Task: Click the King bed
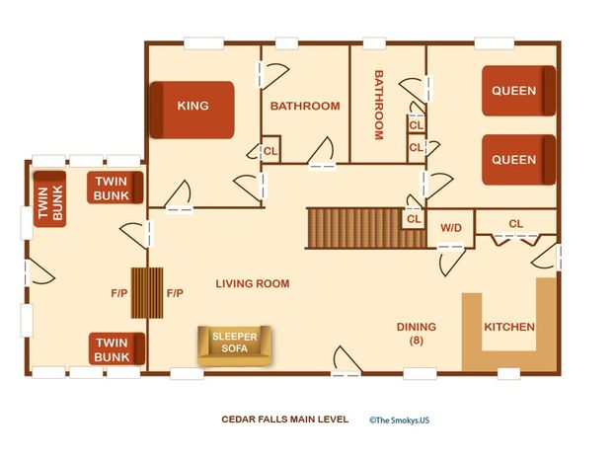pyautogui.click(x=192, y=110)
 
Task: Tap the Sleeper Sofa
pyautogui.click(x=235, y=346)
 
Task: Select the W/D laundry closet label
pyautogui.click(x=451, y=228)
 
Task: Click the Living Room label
pyautogui.click(x=253, y=283)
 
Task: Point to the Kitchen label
pyautogui.click(x=509, y=327)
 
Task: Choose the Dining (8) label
pyautogui.click(x=417, y=333)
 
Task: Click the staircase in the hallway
pyautogui.click(x=365, y=228)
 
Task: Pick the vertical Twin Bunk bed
pyautogui.click(x=49, y=199)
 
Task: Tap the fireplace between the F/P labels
pyautogui.click(x=147, y=292)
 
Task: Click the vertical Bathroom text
pyautogui.click(x=378, y=105)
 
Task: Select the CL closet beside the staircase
pyautogui.click(x=414, y=219)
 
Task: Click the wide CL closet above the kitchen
pyautogui.click(x=515, y=224)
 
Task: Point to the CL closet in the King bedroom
pyautogui.click(x=270, y=151)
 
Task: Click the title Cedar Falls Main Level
pyautogui.click(x=284, y=420)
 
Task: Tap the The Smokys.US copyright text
pyautogui.click(x=399, y=421)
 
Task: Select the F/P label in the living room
pyautogui.click(x=175, y=293)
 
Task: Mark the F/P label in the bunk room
pyautogui.click(x=119, y=293)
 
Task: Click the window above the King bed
pyautogui.click(x=204, y=43)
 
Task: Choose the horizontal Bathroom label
pyautogui.click(x=305, y=106)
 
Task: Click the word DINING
pyautogui.click(x=417, y=327)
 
